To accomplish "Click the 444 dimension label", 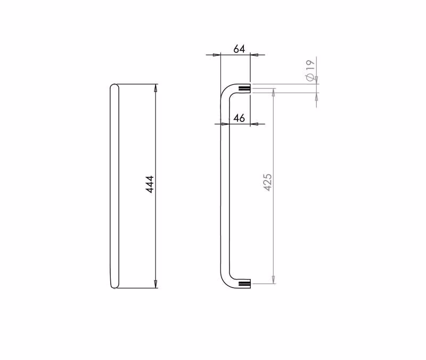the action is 150,184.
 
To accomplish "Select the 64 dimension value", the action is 239,49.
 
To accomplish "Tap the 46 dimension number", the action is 239,118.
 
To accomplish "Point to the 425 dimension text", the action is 268,182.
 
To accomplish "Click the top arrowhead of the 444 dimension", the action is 155,88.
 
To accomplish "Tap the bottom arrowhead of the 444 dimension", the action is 155,284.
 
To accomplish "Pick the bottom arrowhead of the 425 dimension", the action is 274,280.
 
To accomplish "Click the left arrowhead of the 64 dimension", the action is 217,55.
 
